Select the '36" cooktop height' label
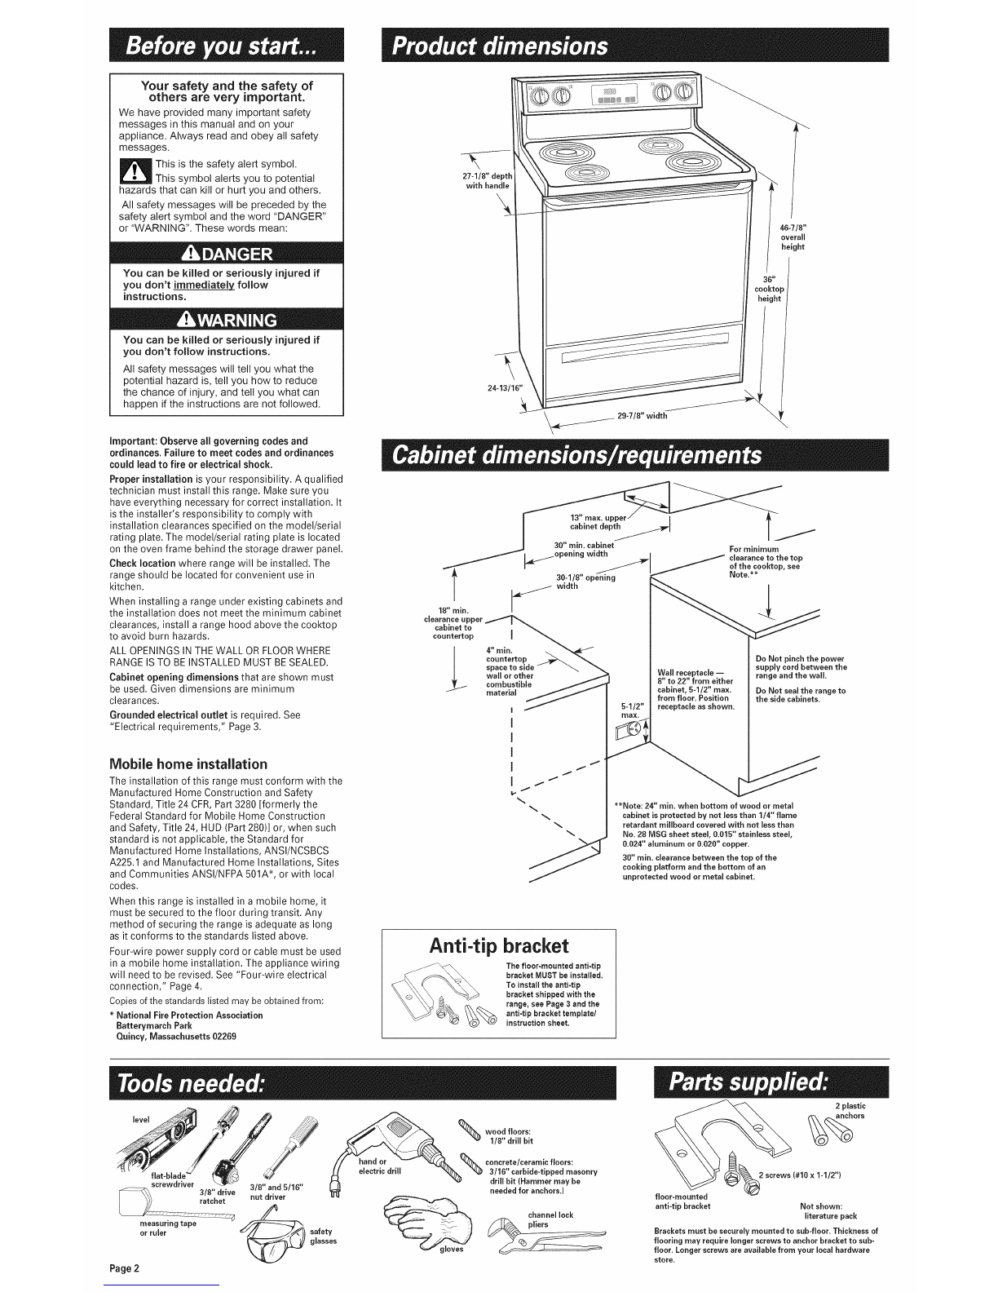pos(770,289)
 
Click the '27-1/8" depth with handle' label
pos(488,180)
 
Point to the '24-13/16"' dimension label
pos(505,387)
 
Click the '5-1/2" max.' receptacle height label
pos(628,710)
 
